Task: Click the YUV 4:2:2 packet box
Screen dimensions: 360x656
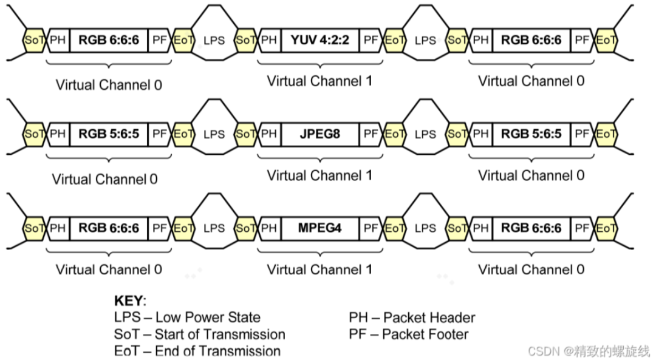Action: pyautogui.click(x=319, y=40)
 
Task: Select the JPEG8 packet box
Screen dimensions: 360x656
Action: pyautogui.click(x=319, y=134)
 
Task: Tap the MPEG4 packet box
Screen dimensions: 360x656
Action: pyautogui.click(x=319, y=228)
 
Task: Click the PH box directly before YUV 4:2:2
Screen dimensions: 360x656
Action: pyautogui.click(x=270, y=40)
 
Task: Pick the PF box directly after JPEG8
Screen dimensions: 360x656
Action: pyautogui.click(x=371, y=134)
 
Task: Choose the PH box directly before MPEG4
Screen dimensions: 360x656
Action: pyautogui.click(x=270, y=228)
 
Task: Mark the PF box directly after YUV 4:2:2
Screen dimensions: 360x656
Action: pyautogui.click(x=371, y=40)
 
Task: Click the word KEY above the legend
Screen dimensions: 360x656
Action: pyautogui.click(x=129, y=301)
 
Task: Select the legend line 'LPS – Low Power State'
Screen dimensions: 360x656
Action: pyautogui.click(x=187, y=317)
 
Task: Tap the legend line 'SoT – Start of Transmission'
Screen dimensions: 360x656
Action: pyautogui.click(x=199, y=334)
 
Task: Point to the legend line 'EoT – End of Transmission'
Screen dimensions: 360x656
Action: pyautogui.click(x=197, y=351)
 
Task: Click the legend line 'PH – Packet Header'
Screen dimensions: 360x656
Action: pyautogui.click(x=412, y=317)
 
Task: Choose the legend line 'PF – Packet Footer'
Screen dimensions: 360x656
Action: pyautogui.click(x=408, y=333)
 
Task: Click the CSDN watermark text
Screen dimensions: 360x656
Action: pyautogui.click(x=589, y=351)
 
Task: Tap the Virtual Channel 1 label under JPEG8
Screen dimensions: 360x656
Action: pyautogui.click(x=319, y=175)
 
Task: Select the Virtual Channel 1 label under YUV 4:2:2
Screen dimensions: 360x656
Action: pyautogui.click(x=319, y=81)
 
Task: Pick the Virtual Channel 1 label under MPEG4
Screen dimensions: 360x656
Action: pyautogui.click(x=319, y=269)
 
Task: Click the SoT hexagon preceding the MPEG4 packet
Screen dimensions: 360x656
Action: pyautogui.click(x=245, y=228)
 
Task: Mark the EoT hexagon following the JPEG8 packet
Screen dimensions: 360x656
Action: pyautogui.click(x=395, y=134)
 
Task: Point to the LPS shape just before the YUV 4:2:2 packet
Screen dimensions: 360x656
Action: pyautogui.click(x=214, y=40)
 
